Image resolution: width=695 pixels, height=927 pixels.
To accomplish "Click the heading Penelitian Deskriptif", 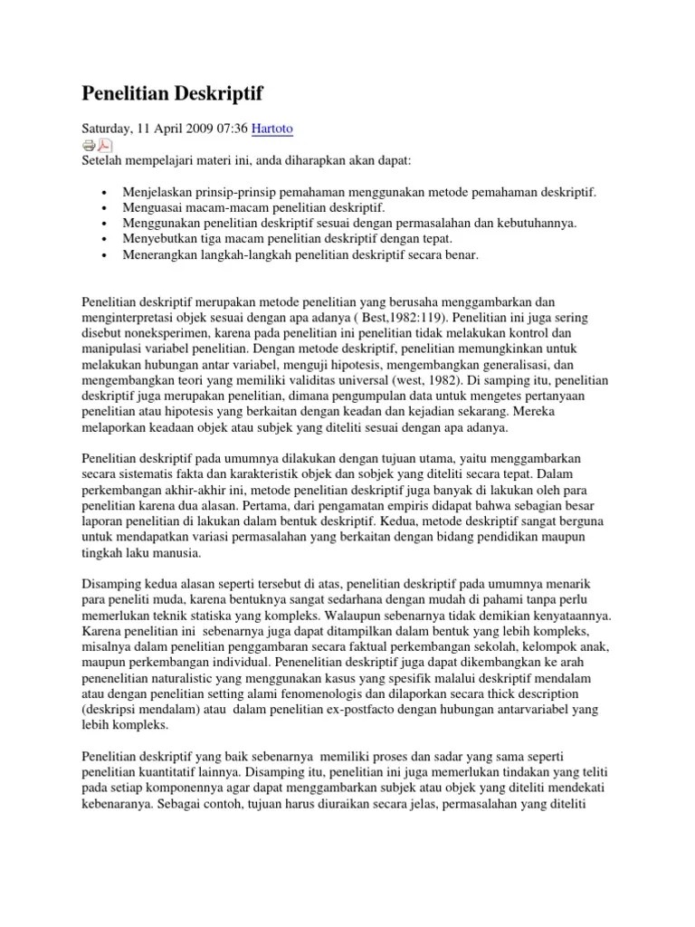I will (172, 94).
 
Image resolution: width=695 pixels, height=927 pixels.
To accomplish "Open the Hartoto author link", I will (274, 129).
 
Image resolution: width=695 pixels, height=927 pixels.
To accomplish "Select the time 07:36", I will (232, 129).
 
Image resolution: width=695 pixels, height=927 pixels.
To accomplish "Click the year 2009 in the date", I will (196, 129).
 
